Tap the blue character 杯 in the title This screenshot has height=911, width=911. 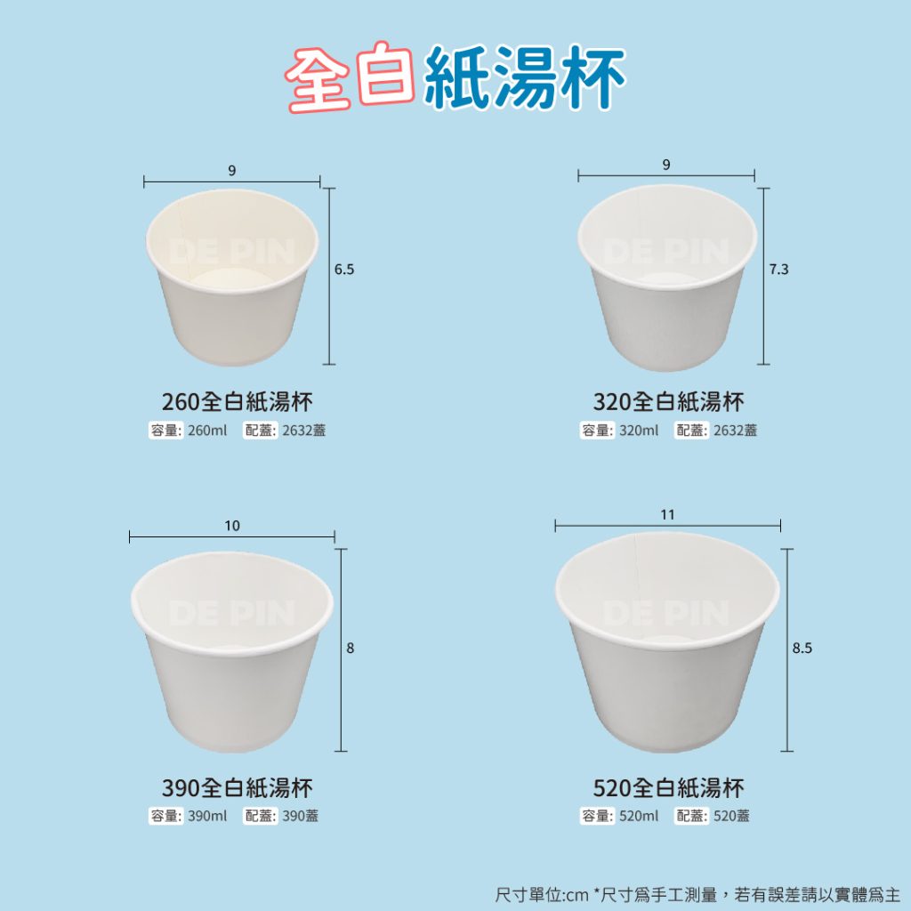click(x=592, y=78)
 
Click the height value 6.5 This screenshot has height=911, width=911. click(x=344, y=270)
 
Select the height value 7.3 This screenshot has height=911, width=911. click(x=779, y=270)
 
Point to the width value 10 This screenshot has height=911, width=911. click(x=232, y=526)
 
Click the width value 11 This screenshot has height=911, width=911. click(x=667, y=515)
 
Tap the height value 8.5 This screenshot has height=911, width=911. click(x=802, y=648)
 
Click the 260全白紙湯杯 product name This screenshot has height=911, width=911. click(x=237, y=401)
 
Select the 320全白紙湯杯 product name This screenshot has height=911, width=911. click(x=668, y=401)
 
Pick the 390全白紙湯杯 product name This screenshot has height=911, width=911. click(x=237, y=788)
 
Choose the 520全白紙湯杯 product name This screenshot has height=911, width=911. click(x=668, y=788)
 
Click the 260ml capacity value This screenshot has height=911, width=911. click(x=207, y=431)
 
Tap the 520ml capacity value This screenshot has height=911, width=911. click(x=639, y=817)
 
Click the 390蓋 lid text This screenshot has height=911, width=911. click(x=301, y=817)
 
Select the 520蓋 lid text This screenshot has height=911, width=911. click(x=731, y=817)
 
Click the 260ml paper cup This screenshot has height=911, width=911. click(x=232, y=277)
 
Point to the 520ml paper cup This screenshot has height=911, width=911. click(x=667, y=642)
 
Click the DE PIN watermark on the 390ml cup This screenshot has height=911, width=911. click(x=232, y=614)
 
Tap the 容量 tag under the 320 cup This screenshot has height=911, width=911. click(x=597, y=431)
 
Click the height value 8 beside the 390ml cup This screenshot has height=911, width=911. click(x=351, y=648)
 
